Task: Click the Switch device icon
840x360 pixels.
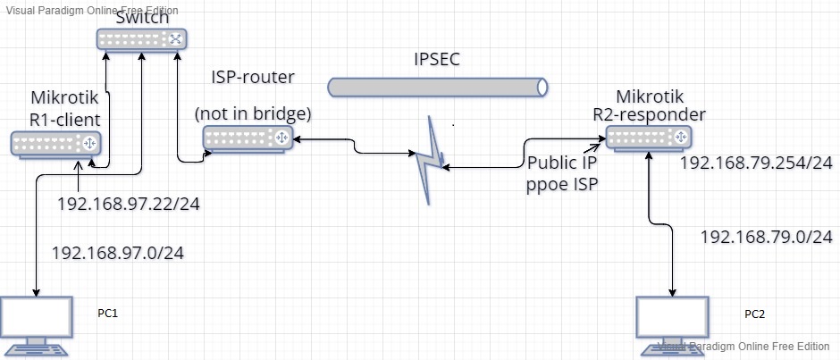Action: coord(141,39)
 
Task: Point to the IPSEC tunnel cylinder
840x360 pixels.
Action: coord(437,87)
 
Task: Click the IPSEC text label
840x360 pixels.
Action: coord(436,61)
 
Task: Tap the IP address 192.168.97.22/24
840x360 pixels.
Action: coord(128,205)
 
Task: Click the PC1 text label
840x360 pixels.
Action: coord(108,314)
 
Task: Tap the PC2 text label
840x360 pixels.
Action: coord(755,314)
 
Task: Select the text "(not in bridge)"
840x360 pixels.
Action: coord(253,113)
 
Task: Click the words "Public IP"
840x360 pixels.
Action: coord(564,163)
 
